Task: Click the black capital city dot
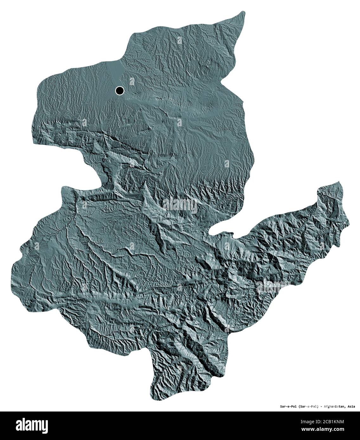(x=119, y=91)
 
